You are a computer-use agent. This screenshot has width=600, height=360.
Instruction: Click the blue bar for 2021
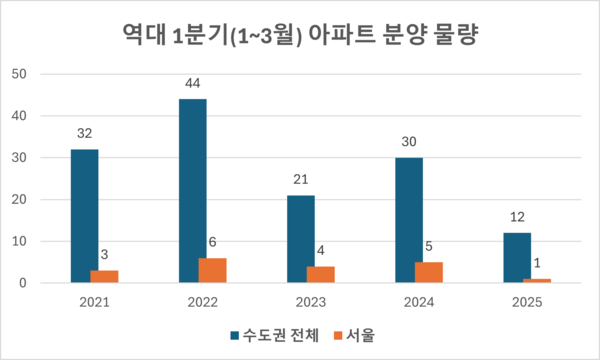84,216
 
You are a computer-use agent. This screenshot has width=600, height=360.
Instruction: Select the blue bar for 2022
193,191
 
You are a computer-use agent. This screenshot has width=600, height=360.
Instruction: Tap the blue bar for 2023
301,239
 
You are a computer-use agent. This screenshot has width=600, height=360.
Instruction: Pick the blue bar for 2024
409,220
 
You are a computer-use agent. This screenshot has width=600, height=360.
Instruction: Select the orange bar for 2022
212,271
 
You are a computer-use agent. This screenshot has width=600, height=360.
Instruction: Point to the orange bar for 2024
428,273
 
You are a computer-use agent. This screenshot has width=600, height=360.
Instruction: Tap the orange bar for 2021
104,277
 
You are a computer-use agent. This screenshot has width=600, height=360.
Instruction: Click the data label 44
193,84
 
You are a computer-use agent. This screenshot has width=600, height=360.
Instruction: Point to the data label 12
517,218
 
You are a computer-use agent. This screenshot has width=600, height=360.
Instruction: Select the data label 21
301,180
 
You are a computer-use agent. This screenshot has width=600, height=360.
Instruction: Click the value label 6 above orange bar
212,243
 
